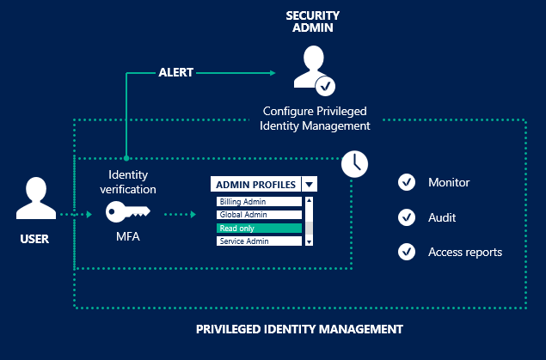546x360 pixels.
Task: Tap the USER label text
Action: [x=34, y=240]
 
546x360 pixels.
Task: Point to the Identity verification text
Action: [x=127, y=181]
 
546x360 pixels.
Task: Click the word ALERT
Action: [x=175, y=73]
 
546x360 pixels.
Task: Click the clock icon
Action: [x=353, y=162]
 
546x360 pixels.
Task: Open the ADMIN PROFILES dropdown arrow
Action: [x=309, y=184]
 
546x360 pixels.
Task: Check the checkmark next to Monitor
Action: [x=407, y=183]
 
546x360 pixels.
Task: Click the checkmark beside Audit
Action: [x=407, y=217]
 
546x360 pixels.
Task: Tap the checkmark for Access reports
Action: [x=407, y=252]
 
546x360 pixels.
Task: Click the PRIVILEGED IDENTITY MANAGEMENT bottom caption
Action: [x=299, y=329]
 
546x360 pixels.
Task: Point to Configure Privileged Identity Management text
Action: [x=315, y=118]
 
